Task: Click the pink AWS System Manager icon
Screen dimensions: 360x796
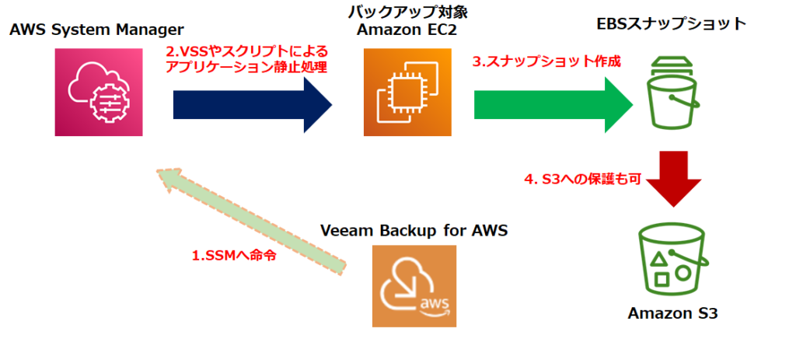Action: (99, 93)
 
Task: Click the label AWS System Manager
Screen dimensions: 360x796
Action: (96, 30)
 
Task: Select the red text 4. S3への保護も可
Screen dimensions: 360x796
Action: (575, 180)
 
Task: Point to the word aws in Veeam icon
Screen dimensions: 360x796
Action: (434, 301)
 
